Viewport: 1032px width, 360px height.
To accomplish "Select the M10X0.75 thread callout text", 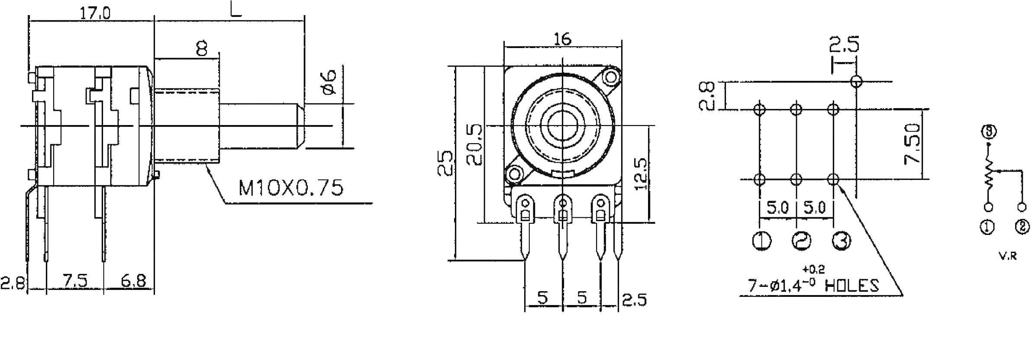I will tap(291, 188).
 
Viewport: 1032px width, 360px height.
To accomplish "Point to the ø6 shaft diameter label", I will tap(330, 81).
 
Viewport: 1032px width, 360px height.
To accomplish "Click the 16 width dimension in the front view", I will tap(562, 39).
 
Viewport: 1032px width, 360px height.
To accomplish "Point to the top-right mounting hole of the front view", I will tap(611, 77).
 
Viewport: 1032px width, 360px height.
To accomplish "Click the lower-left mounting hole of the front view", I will tap(515, 174).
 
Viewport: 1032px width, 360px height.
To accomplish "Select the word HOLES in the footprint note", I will tap(852, 286).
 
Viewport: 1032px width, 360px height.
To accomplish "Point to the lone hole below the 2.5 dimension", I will tap(856, 81).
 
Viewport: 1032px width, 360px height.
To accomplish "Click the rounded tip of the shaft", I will tap(300, 126).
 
